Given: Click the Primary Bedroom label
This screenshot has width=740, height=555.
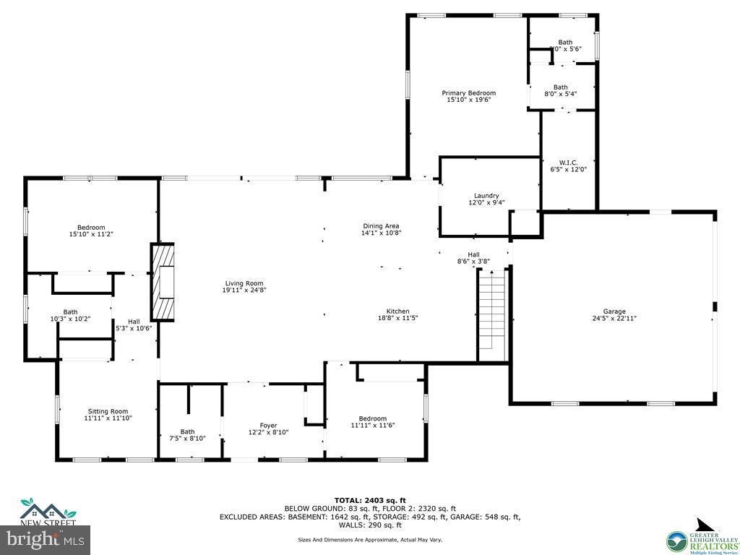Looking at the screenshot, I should point(468,93).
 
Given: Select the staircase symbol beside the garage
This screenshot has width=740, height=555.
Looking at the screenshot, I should point(491,314).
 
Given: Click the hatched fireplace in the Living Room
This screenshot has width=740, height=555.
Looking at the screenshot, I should point(163,282).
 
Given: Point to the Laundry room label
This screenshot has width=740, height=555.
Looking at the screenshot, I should point(486,196).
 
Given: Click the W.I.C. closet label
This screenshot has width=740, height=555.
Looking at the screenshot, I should point(568,163).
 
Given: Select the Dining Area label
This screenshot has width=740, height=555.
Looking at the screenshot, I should point(381,226).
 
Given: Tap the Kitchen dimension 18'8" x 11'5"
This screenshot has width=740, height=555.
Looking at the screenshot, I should point(397,318).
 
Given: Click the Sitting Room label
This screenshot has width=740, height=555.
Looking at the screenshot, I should point(108,411).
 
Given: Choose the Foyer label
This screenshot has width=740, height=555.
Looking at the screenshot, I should point(268,426).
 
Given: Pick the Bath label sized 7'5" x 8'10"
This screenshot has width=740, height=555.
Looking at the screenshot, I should point(187,432).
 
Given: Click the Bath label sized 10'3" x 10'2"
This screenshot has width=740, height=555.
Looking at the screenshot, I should point(70,312).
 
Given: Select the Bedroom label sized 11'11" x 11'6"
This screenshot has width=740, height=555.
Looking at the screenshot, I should point(373,418).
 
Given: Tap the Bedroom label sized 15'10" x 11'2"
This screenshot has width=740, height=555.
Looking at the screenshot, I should point(91,228).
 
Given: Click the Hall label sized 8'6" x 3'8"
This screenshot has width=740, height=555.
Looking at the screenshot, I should point(473,254).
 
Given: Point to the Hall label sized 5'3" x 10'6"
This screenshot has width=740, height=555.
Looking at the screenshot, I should point(134,322).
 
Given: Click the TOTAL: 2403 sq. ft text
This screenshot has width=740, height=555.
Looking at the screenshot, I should point(370,500).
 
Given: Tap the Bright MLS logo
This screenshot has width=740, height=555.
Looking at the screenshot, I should point(45,538).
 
